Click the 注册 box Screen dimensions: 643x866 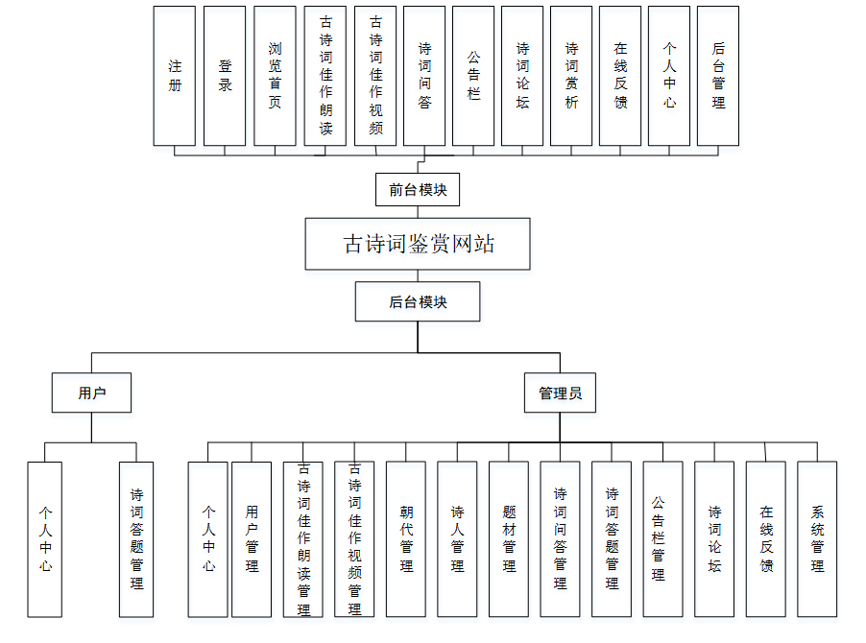(175, 76)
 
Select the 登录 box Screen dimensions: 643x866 (225, 76)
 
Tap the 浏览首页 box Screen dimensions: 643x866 (275, 76)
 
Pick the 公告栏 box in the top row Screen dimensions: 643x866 (473, 76)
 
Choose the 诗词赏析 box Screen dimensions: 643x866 (571, 76)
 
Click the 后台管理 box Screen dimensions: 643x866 (718, 76)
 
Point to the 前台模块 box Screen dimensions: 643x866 (418, 189)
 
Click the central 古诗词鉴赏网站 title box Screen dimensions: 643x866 (418, 244)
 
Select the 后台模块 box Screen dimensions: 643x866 (418, 301)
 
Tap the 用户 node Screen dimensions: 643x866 (91, 393)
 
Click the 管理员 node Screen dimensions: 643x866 (560, 393)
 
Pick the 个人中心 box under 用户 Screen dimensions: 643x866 (45, 538)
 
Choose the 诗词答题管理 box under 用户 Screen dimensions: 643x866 (136, 538)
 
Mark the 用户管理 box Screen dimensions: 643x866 (252, 538)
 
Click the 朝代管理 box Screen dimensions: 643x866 (406, 538)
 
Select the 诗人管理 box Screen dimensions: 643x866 (457, 538)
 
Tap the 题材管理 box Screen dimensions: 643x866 (509, 538)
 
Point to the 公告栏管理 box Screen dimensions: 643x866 (662, 538)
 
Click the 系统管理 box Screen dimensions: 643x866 (817, 538)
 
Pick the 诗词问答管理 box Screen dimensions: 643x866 (560, 538)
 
